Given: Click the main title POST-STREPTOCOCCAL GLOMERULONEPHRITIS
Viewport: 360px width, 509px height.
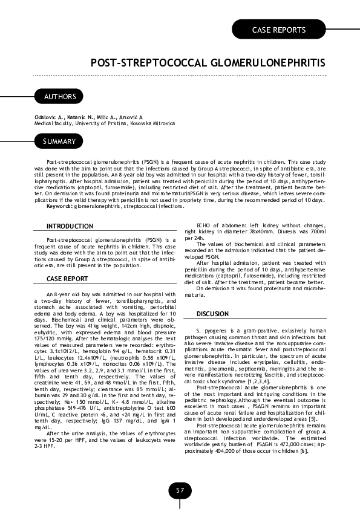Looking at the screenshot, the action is pos(208,63).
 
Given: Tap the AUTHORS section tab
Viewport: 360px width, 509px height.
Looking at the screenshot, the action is pos(59,97).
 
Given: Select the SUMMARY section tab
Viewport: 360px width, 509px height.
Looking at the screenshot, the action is pos(59,142).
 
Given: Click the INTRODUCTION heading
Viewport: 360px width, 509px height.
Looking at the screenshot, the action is pos(70,226).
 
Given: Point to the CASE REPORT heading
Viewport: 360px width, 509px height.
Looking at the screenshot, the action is pos(67,279).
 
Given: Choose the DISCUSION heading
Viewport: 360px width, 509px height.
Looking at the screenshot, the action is pos(212,314).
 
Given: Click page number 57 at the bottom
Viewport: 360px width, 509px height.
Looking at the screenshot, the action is pos(180,490).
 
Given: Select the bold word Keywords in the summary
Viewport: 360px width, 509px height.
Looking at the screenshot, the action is pos(60,207).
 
